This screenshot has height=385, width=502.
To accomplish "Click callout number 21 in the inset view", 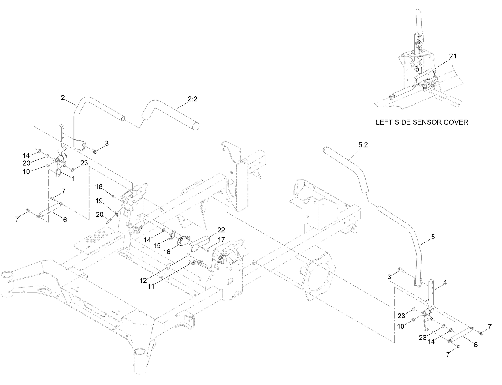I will (x=452, y=56).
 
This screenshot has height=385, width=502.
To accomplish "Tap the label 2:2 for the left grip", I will (x=193, y=99).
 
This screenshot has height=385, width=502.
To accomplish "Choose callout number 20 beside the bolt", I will (x=100, y=215).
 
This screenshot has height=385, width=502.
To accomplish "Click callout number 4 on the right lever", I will (x=445, y=283).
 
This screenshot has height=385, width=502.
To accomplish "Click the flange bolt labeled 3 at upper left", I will (x=94, y=151).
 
